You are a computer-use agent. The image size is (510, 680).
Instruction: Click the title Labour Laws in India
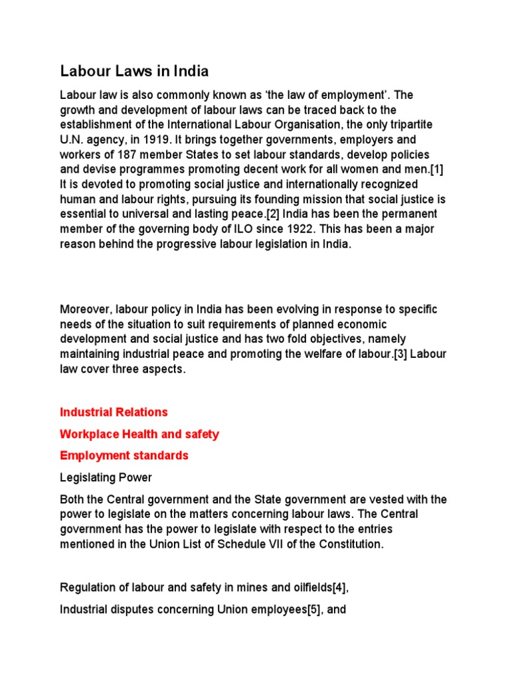click(135, 71)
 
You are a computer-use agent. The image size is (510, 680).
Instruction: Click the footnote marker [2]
click(254, 212)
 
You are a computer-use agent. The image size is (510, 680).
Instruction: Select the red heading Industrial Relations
click(114, 412)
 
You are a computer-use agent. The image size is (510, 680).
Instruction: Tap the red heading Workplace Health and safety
click(139, 434)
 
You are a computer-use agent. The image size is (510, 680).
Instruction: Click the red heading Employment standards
click(124, 456)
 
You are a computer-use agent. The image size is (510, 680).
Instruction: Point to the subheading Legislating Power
click(106, 477)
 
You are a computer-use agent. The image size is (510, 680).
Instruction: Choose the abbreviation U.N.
click(72, 139)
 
